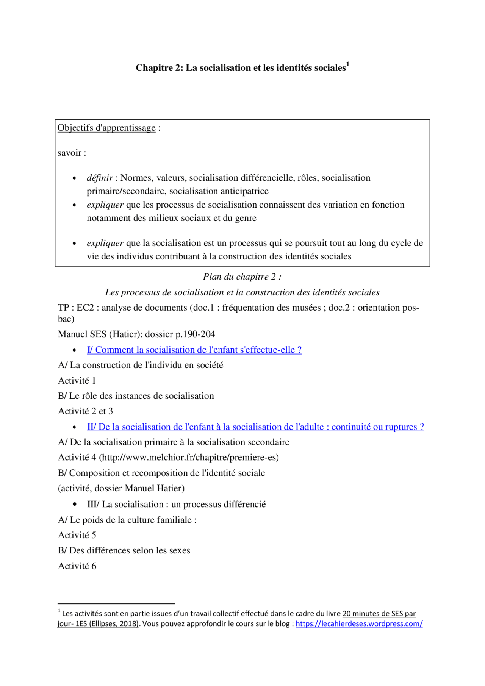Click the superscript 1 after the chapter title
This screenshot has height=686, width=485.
(x=348, y=64)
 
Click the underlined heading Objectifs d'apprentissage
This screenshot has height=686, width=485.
(x=106, y=128)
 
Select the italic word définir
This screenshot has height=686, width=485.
(x=100, y=178)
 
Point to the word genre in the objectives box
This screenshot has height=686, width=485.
(x=246, y=218)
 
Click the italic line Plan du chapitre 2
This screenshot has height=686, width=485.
(x=242, y=277)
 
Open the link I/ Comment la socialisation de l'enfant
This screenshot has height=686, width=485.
(x=194, y=350)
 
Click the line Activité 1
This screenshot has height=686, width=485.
(x=77, y=380)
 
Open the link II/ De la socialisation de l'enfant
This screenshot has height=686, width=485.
(x=255, y=427)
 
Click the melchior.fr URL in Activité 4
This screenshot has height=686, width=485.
(x=189, y=458)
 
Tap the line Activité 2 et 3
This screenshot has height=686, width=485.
(x=85, y=411)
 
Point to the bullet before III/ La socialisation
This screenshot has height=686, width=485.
(x=75, y=504)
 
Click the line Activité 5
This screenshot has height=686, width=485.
(x=77, y=535)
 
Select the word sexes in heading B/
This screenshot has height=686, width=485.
(x=179, y=550)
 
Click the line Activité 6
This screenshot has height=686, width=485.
(x=77, y=566)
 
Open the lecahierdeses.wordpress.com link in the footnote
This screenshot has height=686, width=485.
(x=359, y=623)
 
